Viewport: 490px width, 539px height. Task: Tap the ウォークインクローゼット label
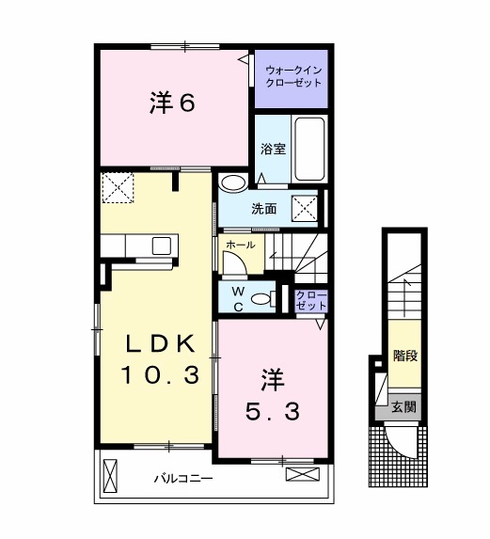pyautogui.click(x=292, y=76)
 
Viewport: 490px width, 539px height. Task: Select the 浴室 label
pyautogui.click(x=272, y=148)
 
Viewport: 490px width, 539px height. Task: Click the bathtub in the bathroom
pyautogui.click(x=308, y=148)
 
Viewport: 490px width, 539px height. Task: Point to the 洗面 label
pyautogui.click(x=262, y=209)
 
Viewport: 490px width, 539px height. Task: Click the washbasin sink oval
pyautogui.click(x=231, y=182)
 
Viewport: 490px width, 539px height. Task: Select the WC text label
pyautogui.click(x=239, y=298)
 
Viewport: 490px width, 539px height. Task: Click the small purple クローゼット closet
pyautogui.click(x=311, y=301)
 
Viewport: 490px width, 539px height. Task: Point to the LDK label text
pyautogui.click(x=159, y=342)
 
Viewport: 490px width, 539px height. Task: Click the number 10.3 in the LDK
pyautogui.click(x=159, y=376)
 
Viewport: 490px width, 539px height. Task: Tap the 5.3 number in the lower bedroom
pyautogui.click(x=272, y=412)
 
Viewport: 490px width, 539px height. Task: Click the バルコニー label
pyautogui.click(x=183, y=479)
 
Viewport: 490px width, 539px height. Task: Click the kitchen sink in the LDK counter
pyautogui.click(x=161, y=246)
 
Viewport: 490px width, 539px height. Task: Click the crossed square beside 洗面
pyautogui.click(x=304, y=207)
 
